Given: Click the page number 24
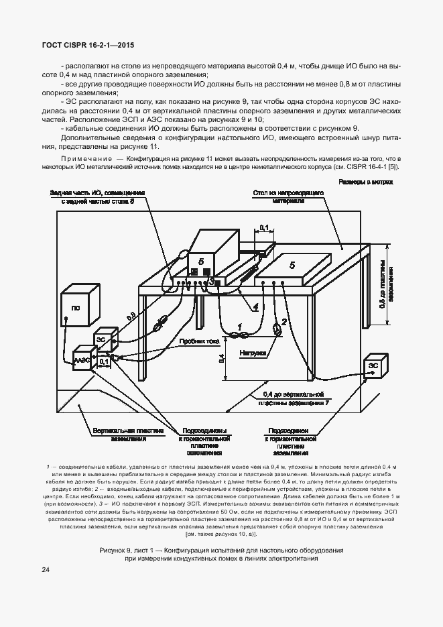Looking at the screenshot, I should pos(45,570).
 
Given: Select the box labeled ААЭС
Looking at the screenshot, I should pos(82,360).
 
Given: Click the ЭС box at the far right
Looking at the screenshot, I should pos(373,366).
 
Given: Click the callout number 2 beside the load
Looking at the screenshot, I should pos(284,322).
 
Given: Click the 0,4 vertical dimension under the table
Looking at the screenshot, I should pos(222,359).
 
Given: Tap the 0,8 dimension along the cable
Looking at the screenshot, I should pos(131,314).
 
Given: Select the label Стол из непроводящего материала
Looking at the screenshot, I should pos(289,196).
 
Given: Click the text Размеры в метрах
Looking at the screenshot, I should pos(365,182).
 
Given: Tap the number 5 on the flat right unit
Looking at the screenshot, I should pos(292,266).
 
